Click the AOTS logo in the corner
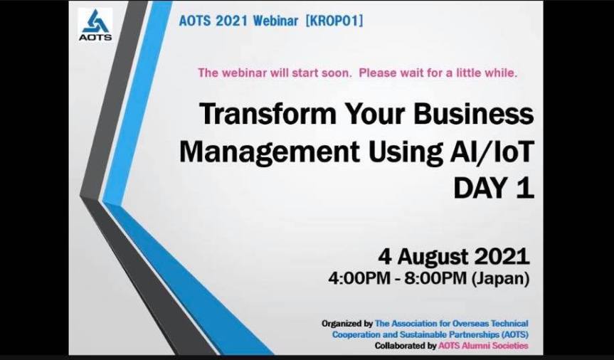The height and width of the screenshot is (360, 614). [x=95, y=25]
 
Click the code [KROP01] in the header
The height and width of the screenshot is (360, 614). [x=334, y=21]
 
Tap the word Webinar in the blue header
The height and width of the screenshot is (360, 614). [x=275, y=21]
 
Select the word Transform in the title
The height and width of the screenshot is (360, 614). [x=268, y=114]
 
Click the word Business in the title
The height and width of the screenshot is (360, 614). [x=473, y=114]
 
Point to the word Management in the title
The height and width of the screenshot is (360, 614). [x=269, y=152]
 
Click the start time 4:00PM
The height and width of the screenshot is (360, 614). [x=359, y=278]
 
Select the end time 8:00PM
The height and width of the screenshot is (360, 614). [x=435, y=278]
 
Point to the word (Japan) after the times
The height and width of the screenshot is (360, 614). [x=500, y=279]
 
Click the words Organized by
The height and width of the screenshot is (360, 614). [x=347, y=324]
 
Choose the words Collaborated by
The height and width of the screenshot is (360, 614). [x=406, y=346]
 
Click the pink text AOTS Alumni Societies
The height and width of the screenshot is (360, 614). [x=483, y=346]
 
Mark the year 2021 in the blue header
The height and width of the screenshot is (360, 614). [x=231, y=21]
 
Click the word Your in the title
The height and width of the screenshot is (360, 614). [x=375, y=114]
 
